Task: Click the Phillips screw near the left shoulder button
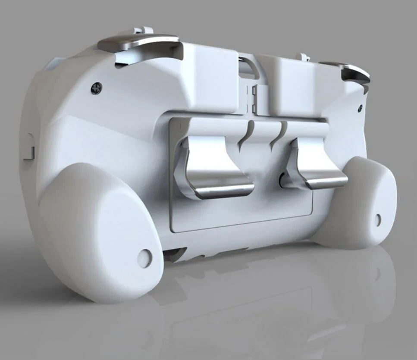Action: pos(96,88)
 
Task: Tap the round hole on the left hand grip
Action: pos(144,258)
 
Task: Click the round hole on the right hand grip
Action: pos(378,220)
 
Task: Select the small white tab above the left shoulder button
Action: pos(142,30)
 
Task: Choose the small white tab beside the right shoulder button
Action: pos(304,56)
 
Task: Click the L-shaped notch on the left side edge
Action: pos(29,152)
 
